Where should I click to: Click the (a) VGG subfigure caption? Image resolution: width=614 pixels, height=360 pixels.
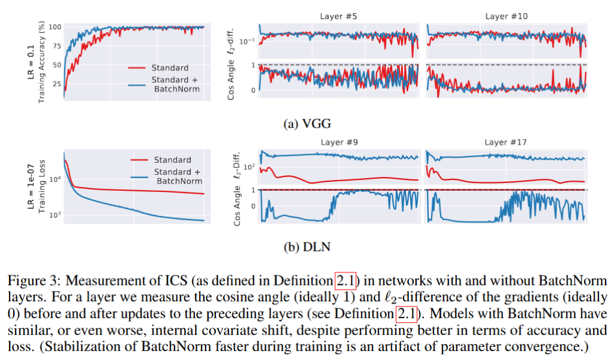306,124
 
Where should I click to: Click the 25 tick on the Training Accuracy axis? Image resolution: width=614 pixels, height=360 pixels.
56,85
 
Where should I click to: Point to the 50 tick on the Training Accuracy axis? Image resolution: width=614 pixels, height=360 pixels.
56,65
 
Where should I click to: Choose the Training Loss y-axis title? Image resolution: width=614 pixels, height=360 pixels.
43,187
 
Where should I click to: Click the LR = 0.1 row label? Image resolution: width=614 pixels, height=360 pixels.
31,62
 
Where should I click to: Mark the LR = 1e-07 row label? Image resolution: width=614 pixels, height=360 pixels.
31,187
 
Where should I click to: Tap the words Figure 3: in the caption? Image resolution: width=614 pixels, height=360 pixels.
29,280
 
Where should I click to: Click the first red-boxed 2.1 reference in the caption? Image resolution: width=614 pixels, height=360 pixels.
346,280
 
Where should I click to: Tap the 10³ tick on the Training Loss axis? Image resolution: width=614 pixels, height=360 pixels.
55,215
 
